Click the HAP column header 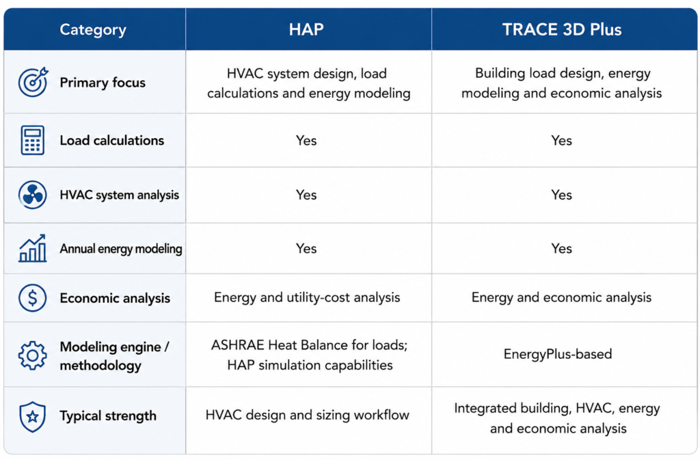tap(306, 29)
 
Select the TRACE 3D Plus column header tap(562, 29)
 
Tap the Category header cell tap(93, 29)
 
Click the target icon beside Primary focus tap(33, 82)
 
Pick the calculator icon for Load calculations tap(33, 140)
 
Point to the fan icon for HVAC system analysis tap(33, 195)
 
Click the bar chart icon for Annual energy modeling tap(33, 248)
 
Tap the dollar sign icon tap(33, 297)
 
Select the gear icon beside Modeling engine tap(33, 355)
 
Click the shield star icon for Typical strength tap(33, 417)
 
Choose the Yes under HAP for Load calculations tap(306, 141)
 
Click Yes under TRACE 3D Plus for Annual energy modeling tap(562, 248)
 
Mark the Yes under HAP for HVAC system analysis tap(306, 195)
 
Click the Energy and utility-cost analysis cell tap(307, 297)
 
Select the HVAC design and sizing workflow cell tap(307, 416)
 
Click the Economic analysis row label tap(115, 298)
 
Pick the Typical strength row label tap(108, 416)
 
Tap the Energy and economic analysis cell tap(562, 297)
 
